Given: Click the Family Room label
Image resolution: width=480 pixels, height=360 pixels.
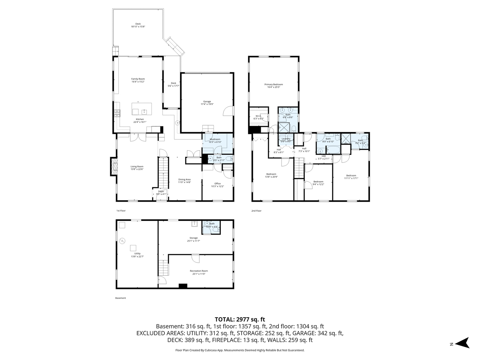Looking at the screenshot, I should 138,80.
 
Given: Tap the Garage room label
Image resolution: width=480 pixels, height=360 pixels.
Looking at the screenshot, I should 207,103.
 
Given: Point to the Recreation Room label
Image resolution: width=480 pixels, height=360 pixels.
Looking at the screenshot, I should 199,272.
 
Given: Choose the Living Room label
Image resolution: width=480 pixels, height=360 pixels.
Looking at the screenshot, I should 137,168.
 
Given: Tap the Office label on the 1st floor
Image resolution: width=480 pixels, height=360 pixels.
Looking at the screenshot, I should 217,185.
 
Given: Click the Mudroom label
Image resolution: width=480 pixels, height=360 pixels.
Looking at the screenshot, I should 215,140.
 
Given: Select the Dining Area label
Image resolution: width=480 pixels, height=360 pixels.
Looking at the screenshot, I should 184,181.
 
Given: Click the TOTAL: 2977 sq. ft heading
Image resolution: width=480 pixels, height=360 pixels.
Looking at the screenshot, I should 240,319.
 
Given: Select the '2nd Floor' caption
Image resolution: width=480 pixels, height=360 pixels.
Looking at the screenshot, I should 256,211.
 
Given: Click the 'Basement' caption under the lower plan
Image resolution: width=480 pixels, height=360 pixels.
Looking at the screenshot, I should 120,298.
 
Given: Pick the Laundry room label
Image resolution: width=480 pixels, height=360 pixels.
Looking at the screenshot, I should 286,140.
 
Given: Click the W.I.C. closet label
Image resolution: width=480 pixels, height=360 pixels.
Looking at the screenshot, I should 258,117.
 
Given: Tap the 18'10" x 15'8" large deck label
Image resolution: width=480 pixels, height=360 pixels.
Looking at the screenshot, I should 138,25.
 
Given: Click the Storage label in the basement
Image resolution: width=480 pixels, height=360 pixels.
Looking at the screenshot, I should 194,239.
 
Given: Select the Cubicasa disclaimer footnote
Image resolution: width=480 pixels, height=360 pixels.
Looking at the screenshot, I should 240,350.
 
